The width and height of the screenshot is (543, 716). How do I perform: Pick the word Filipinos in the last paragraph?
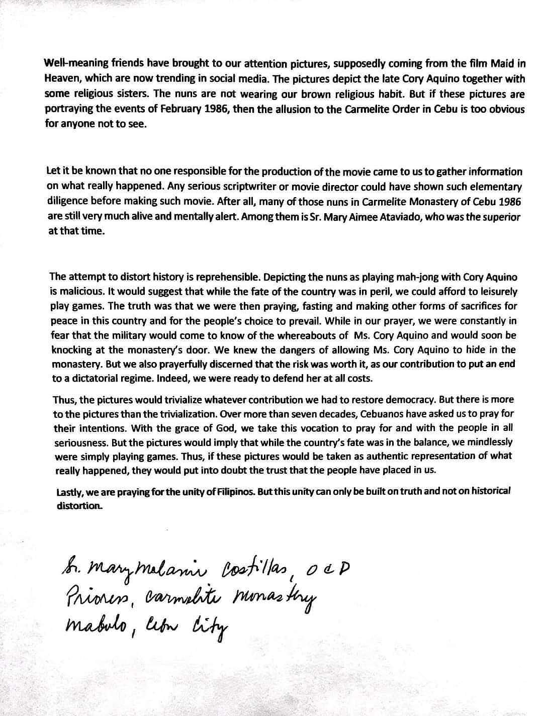pos(233,491)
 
